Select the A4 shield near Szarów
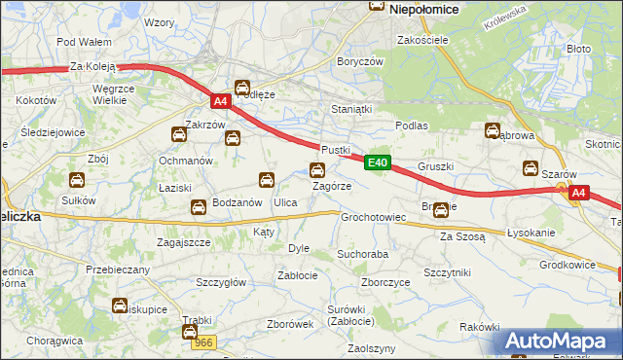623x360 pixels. [x=578, y=194]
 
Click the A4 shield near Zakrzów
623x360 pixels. [x=220, y=100]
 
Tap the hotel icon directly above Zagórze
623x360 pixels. [x=317, y=170]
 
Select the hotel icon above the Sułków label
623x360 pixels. [x=76, y=180]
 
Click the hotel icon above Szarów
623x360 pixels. [x=531, y=167]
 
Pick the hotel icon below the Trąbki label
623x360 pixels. [x=190, y=332]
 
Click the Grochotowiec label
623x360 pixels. [x=373, y=217]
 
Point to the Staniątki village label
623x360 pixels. [x=352, y=110]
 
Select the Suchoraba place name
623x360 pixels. [x=362, y=253]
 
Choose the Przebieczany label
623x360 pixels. [x=118, y=270]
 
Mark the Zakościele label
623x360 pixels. [x=421, y=40]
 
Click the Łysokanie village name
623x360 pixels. [x=531, y=234]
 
